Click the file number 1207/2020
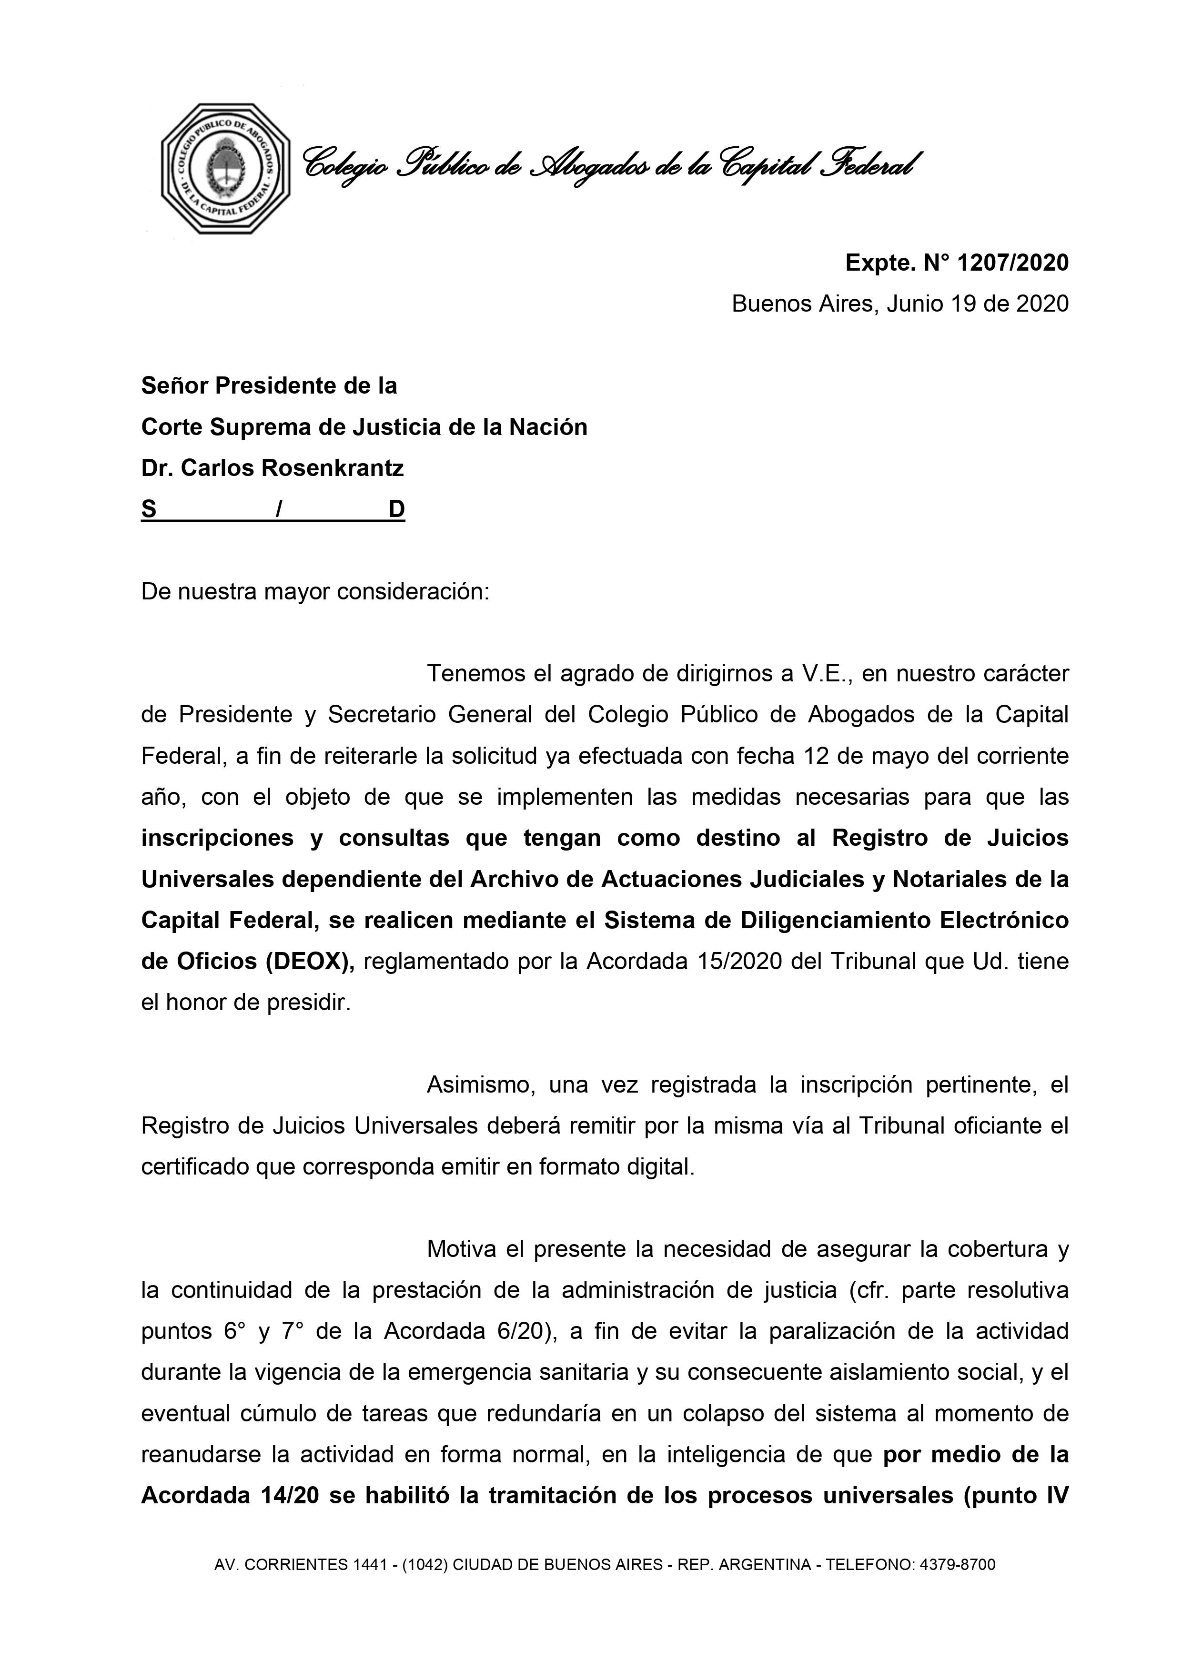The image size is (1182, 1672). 1012,263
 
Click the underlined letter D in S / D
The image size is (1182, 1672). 396,509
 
